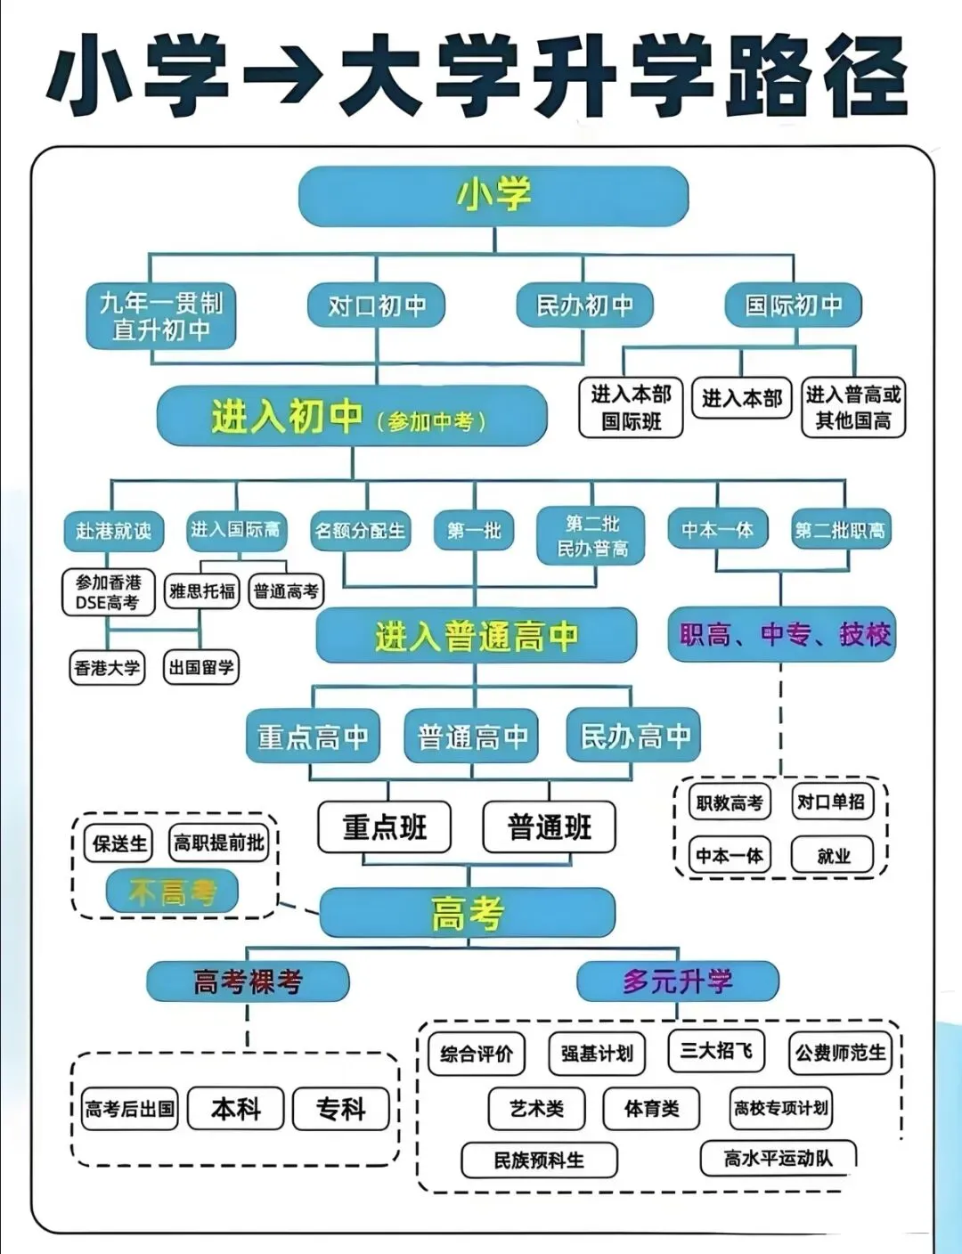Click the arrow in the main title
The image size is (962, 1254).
pyautogui.click(x=282, y=75)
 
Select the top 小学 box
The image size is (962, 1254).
pyautogui.click(x=493, y=196)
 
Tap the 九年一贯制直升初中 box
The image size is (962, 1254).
pyautogui.click(x=161, y=316)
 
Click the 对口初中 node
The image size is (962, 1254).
pyautogui.click(x=376, y=305)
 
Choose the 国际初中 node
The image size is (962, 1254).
pyautogui.click(x=794, y=305)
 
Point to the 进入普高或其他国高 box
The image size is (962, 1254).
pyautogui.click(x=853, y=407)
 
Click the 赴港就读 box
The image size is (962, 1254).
pyautogui.click(x=114, y=530)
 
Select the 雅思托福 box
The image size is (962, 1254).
pyautogui.click(x=202, y=591)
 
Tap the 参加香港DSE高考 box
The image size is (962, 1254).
pyautogui.click(x=109, y=592)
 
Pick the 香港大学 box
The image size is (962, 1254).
pyautogui.click(x=108, y=668)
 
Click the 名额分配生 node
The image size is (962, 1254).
pyautogui.click(x=361, y=530)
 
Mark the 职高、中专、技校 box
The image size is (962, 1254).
pyautogui.click(x=782, y=634)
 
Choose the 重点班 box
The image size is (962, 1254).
pyautogui.click(x=384, y=827)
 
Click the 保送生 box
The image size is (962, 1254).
pyautogui.click(x=118, y=843)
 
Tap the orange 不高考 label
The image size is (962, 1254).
pyautogui.click(x=172, y=892)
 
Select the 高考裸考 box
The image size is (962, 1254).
pyautogui.click(x=248, y=981)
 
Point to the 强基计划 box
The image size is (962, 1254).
pyautogui.click(x=597, y=1054)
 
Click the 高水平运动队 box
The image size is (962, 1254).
pyautogui.click(x=778, y=1158)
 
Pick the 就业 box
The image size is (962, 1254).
pyautogui.click(x=832, y=855)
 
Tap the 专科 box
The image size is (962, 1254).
pyautogui.click(x=340, y=1109)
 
